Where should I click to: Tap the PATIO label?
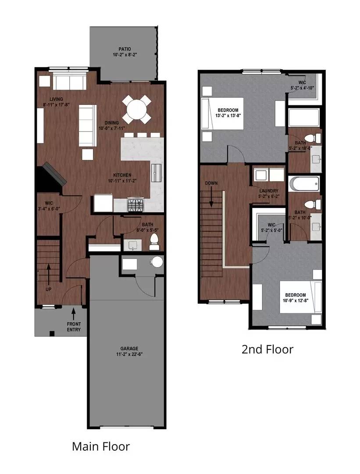pyautogui.click(x=125, y=49)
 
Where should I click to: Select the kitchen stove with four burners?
pyautogui.click(x=135, y=204)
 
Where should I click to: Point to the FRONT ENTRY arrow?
pyautogui.click(x=73, y=313)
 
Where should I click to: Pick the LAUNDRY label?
pyautogui.click(x=269, y=191)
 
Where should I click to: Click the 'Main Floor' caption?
pyautogui.click(x=101, y=447)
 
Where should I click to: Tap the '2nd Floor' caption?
pyautogui.click(x=267, y=349)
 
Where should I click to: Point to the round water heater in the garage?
pyautogui.click(x=156, y=262)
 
